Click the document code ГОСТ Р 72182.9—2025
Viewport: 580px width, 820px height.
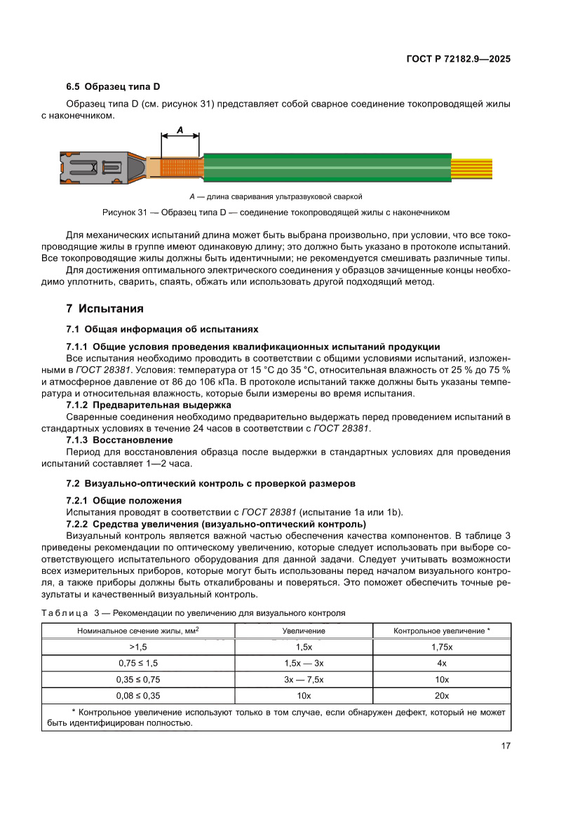[458, 59]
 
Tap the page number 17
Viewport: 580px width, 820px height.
[505, 746]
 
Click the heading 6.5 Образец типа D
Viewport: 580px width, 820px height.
[113, 87]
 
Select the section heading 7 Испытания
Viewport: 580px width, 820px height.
[104, 309]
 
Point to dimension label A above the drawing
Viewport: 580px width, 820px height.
[180, 130]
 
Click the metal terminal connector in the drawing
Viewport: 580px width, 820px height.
[98, 167]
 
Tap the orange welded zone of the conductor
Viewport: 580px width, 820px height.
[181, 167]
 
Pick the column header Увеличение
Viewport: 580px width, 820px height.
[304, 631]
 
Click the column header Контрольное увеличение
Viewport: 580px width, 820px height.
[442, 631]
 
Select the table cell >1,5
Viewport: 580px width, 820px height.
[138, 647]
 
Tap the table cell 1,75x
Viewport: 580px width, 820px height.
[442, 647]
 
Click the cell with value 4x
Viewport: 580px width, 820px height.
[442, 663]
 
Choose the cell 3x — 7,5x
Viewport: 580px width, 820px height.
[304, 679]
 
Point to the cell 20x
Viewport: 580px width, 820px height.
[442, 695]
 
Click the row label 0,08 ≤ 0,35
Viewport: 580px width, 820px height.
[138, 695]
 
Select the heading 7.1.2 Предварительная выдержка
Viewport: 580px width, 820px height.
[148, 405]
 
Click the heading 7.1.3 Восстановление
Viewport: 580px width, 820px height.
[119, 439]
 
